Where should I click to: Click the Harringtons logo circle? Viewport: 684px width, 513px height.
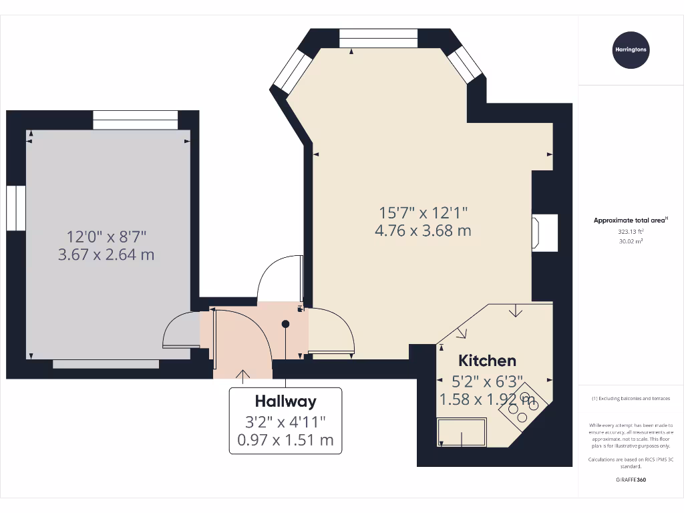(x=631, y=49)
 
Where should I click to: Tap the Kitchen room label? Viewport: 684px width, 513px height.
(x=487, y=361)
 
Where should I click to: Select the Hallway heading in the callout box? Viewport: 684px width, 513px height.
(x=285, y=401)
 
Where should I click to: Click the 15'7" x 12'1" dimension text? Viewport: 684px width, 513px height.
(x=423, y=213)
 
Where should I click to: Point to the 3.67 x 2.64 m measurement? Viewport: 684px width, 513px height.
(x=107, y=254)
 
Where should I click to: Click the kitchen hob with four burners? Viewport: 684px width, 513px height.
(x=523, y=405)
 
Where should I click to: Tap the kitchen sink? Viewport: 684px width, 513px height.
(x=462, y=432)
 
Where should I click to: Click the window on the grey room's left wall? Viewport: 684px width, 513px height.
(x=15, y=208)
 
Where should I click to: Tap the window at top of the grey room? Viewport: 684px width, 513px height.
(x=136, y=120)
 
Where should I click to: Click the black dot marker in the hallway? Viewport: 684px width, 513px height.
(x=285, y=324)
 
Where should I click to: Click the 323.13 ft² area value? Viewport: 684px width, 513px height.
(x=631, y=232)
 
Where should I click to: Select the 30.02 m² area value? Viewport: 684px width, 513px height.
(x=631, y=241)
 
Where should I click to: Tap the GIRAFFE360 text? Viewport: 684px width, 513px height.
(x=631, y=480)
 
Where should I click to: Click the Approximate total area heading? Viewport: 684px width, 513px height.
(x=631, y=220)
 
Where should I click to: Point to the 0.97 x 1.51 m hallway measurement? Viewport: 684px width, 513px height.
(x=285, y=440)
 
